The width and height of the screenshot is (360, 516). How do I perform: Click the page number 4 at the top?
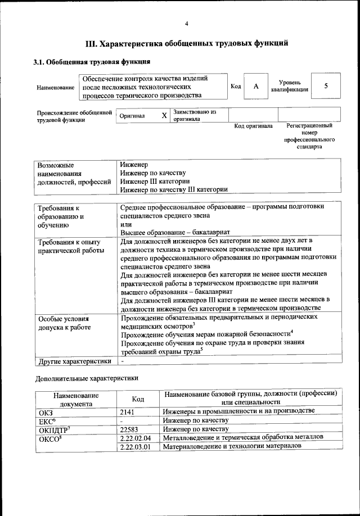pos(186,23)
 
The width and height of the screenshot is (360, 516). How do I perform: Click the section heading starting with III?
pos(187,43)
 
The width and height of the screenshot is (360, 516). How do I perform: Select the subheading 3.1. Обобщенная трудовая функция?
pos(91,62)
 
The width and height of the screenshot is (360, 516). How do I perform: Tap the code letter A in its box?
pos(256,86)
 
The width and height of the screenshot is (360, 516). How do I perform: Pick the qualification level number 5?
pos(326,86)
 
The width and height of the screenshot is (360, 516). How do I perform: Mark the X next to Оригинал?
pos(164,115)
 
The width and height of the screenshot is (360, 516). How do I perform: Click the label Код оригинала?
pos(253,126)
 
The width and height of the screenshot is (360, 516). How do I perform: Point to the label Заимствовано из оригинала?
pos(195,115)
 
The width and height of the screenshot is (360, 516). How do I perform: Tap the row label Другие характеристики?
pos(74,361)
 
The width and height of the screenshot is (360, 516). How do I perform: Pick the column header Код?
pos(138,399)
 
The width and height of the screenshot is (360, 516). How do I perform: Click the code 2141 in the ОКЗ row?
pos(128,411)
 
